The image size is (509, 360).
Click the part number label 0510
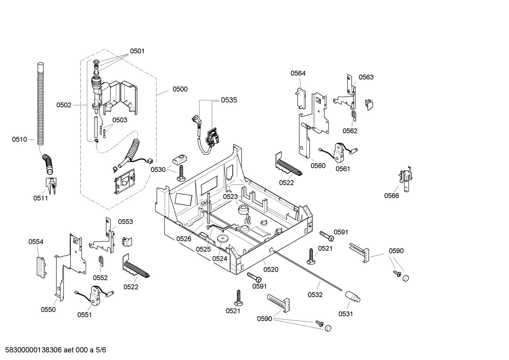[x=19, y=140]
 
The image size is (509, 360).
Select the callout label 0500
[x=180, y=89]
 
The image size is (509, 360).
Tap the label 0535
[x=229, y=100]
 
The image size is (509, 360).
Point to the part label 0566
[x=391, y=196]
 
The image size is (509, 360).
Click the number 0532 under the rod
[x=315, y=295]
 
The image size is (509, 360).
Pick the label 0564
[x=298, y=73]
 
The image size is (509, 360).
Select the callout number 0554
[x=36, y=242]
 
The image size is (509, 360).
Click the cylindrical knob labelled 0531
[x=353, y=296]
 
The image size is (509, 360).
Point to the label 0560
[x=318, y=166]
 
